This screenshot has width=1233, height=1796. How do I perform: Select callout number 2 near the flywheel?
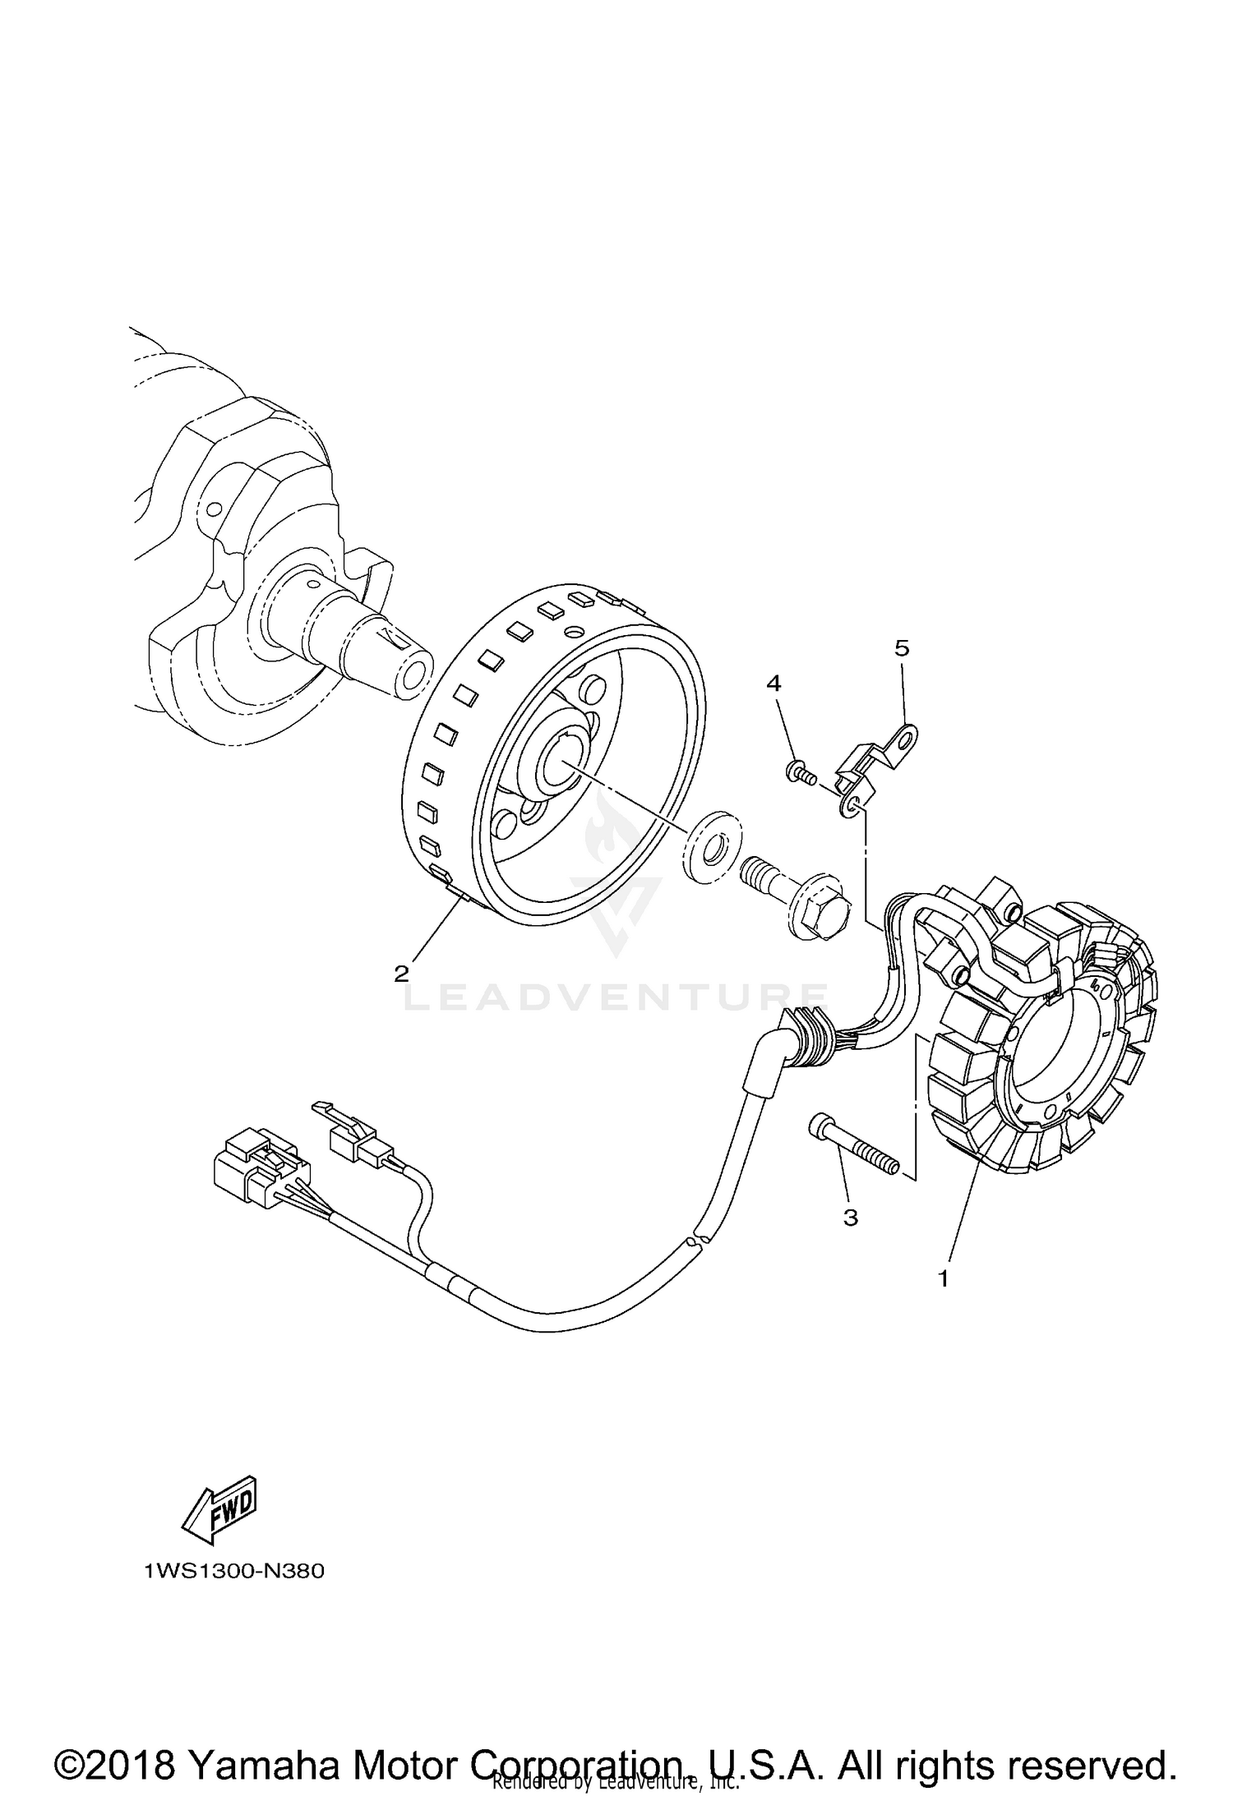click(x=401, y=974)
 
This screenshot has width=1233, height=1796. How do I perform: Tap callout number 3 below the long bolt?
click(x=851, y=1218)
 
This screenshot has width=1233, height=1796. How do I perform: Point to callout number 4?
click(x=774, y=684)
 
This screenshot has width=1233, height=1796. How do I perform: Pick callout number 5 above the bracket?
click(x=902, y=648)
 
